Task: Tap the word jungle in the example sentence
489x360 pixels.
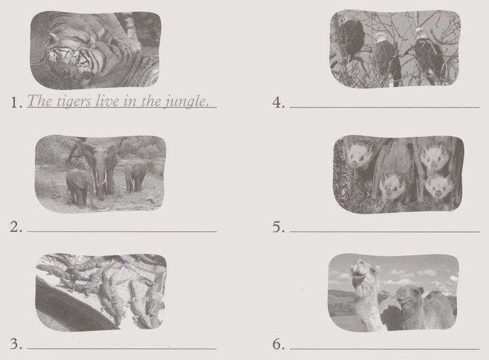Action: point(190,103)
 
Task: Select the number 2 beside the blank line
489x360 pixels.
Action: point(16,228)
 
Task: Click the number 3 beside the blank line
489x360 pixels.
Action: point(16,345)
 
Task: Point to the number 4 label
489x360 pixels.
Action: point(278,103)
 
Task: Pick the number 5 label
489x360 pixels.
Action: point(278,228)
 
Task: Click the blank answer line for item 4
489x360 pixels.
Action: point(385,106)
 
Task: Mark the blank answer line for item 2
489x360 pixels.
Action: point(122,231)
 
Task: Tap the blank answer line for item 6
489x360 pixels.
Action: point(385,348)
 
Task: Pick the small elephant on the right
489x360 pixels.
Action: point(136,174)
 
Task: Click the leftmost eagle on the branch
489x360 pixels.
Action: point(352,39)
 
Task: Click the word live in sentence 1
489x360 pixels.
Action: point(107,102)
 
